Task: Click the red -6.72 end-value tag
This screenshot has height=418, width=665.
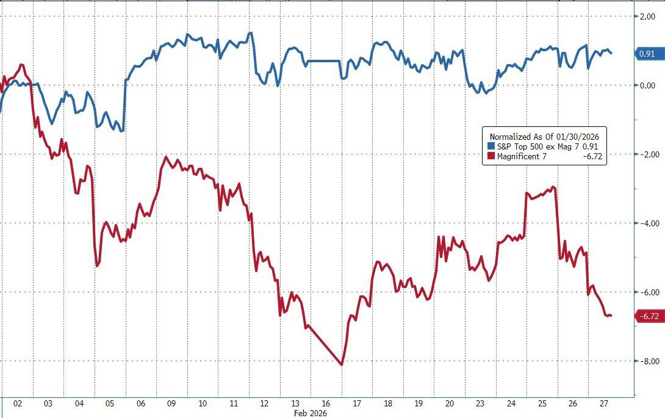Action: (649, 316)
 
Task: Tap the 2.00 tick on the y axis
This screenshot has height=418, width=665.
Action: (647, 16)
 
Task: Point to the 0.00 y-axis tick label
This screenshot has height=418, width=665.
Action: (647, 85)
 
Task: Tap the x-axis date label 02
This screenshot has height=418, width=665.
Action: (17, 404)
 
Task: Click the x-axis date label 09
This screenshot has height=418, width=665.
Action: (172, 404)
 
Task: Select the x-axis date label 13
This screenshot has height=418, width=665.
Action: (295, 404)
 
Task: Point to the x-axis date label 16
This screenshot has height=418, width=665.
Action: (326, 404)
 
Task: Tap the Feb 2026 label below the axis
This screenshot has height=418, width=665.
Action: (311, 413)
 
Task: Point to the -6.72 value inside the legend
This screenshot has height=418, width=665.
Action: (594, 157)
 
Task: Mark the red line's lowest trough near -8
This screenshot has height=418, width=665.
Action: (341, 365)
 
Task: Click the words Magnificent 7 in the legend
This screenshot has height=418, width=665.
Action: (522, 157)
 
